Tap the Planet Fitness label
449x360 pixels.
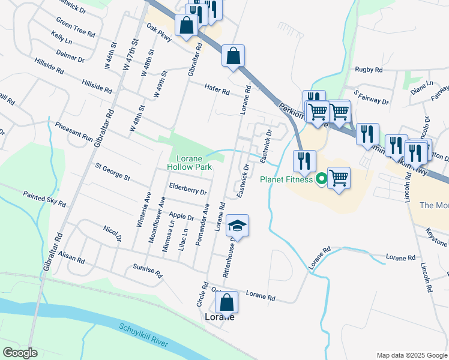(x=286, y=179)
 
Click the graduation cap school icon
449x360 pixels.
(x=237, y=226)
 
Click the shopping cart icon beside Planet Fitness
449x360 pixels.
(x=339, y=177)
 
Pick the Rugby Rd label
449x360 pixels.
(x=369, y=70)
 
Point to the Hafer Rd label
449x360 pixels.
(x=217, y=90)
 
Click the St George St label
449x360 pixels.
(x=112, y=171)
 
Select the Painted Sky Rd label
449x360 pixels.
(x=44, y=199)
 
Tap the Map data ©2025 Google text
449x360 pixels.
(x=411, y=355)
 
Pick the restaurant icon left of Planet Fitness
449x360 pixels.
(x=304, y=160)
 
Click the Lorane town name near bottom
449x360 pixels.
(x=219, y=317)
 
